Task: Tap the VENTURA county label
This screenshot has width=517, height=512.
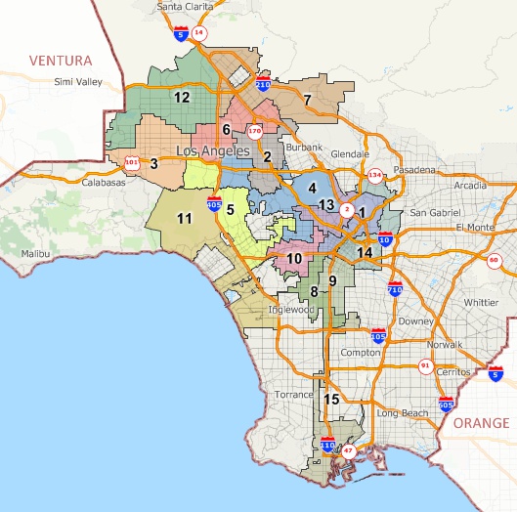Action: coord(61,61)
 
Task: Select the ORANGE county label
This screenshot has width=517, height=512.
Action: coord(481,423)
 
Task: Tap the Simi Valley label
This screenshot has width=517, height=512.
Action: coord(77,81)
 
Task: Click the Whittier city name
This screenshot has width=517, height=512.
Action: coord(481,303)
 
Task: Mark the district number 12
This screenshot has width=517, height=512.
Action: coord(182,97)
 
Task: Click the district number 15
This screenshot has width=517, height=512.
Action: coord(331,399)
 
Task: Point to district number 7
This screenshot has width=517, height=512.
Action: coord(307,99)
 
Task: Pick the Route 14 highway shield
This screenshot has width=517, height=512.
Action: coord(199,32)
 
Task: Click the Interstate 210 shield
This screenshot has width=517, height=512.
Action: coord(263,85)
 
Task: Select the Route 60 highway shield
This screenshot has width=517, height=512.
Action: coord(494,259)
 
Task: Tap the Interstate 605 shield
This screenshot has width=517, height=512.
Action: coord(446,405)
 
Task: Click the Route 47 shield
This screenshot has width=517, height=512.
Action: coord(349,451)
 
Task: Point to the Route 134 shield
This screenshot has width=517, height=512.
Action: coord(374,176)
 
